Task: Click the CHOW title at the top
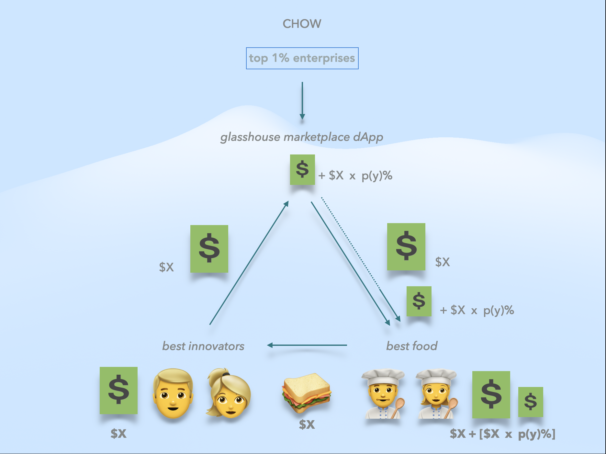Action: click(x=302, y=24)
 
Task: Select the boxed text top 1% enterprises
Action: click(x=302, y=58)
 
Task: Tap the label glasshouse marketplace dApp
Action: click(x=302, y=137)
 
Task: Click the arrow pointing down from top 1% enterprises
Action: click(x=302, y=100)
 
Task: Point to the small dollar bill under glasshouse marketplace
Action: click(x=302, y=170)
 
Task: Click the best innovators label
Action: click(x=203, y=346)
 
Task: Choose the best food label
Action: click(x=412, y=346)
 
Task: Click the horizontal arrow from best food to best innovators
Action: click(x=307, y=345)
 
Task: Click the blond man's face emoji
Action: click(x=173, y=393)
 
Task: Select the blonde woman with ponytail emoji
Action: click(x=229, y=393)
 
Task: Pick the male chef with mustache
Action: click(x=383, y=394)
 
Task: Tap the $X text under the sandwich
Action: click(x=307, y=424)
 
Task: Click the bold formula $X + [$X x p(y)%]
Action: click(x=502, y=434)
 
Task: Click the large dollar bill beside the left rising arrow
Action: click(x=209, y=249)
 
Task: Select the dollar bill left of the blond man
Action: click(x=118, y=391)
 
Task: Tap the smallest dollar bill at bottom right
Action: click(x=531, y=402)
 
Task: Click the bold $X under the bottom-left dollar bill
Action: click(x=118, y=433)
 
